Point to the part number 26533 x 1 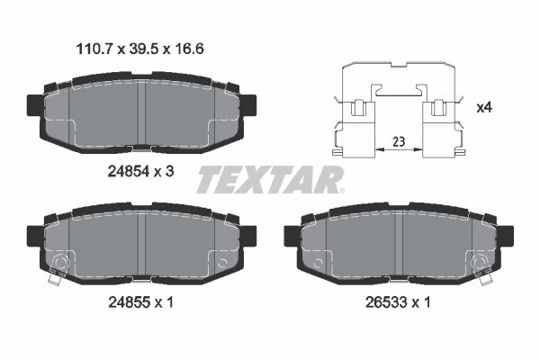[398, 303]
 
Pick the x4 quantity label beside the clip [485, 107]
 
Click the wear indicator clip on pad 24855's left [58, 270]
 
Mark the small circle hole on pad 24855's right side [222, 263]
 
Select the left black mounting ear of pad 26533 [292, 236]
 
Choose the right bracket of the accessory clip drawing [441, 126]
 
